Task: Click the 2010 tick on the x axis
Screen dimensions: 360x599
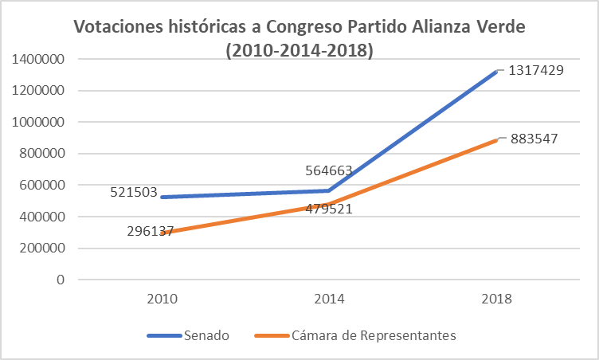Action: coord(162,299)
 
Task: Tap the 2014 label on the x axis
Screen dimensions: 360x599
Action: coord(329,299)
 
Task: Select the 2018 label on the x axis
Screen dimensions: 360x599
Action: coord(495,299)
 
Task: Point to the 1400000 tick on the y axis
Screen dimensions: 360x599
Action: coord(38,59)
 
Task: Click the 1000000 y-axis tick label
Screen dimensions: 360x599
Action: coord(38,122)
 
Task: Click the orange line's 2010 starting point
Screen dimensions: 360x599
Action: coord(162,233)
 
